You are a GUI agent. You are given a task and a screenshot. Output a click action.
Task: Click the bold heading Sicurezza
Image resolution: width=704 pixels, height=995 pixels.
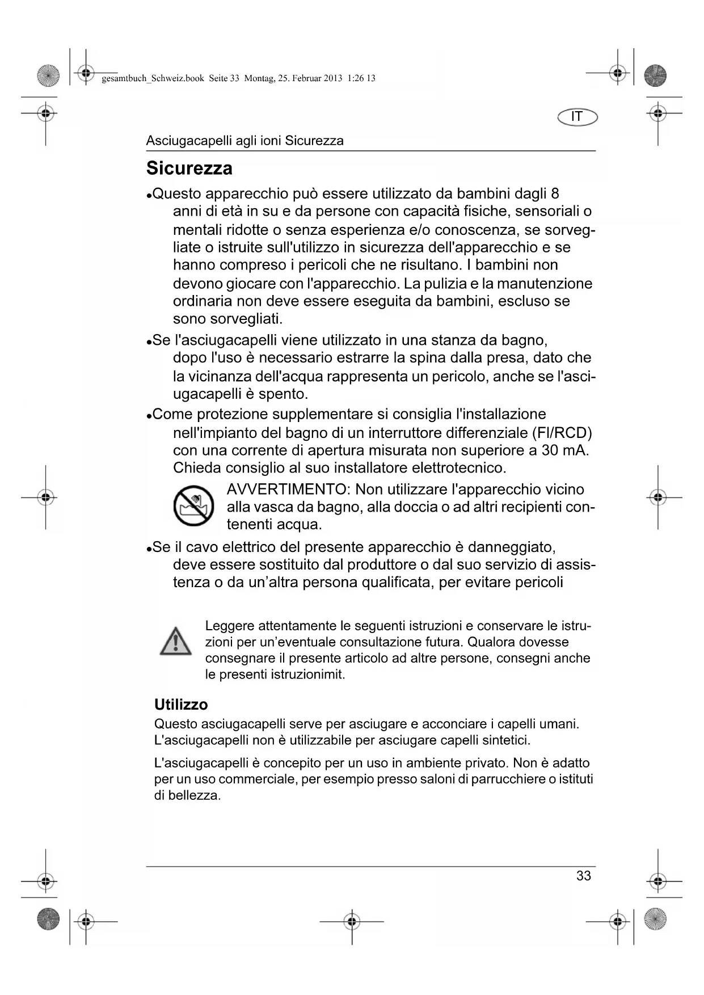[x=189, y=168]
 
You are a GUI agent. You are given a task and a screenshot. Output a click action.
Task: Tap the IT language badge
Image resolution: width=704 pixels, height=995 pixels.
[x=577, y=117]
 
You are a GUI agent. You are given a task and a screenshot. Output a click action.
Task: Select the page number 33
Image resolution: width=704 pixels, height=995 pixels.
[x=583, y=876]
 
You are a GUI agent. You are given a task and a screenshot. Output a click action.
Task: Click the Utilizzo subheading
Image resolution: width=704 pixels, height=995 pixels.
[x=181, y=705]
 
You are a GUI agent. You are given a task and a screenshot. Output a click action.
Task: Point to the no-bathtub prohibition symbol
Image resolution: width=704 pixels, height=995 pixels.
[x=193, y=505]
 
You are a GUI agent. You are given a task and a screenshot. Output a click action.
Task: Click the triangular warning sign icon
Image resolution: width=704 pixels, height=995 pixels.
[x=175, y=642]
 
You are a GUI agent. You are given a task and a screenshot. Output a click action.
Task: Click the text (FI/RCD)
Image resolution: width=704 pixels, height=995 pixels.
[x=562, y=433]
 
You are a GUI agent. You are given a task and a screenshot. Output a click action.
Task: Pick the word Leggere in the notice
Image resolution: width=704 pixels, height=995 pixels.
[x=230, y=626]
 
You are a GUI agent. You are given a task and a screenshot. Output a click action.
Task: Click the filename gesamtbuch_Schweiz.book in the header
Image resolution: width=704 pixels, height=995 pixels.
[x=153, y=78]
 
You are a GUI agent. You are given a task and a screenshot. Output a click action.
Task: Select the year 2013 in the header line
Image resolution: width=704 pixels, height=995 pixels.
[x=333, y=78]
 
